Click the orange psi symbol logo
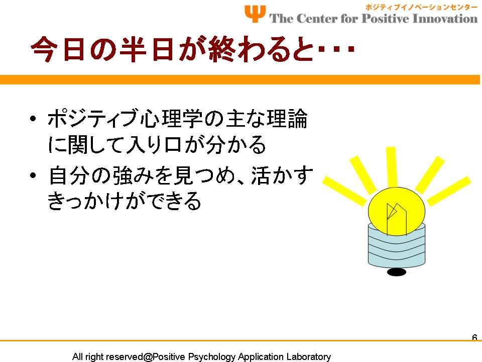(x=255, y=14)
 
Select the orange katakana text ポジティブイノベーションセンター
(x=421, y=8)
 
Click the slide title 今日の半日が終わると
(x=172, y=49)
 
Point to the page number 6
(x=474, y=337)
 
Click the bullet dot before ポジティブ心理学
(x=33, y=119)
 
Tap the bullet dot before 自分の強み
(x=33, y=175)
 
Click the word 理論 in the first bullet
(x=287, y=119)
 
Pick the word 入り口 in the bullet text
(x=154, y=144)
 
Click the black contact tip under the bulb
(x=397, y=272)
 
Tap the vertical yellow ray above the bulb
(x=391, y=167)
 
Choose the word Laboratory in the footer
(x=309, y=357)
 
